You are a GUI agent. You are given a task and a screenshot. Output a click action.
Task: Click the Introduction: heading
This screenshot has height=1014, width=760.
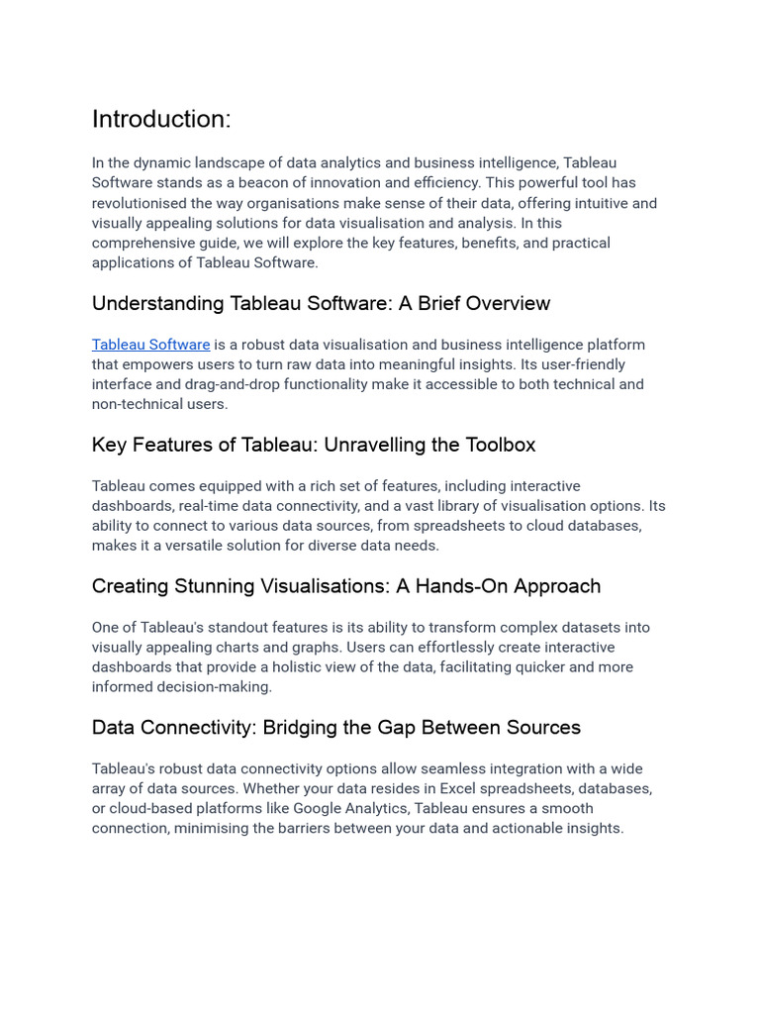pyautogui.click(x=161, y=120)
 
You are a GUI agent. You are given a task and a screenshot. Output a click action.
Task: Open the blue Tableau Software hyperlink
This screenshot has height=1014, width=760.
pyautogui.click(x=150, y=345)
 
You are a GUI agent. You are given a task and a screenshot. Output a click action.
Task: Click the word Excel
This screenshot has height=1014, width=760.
pyautogui.click(x=460, y=788)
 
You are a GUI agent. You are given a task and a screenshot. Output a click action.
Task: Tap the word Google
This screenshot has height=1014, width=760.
pyautogui.click(x=320, y=808)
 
